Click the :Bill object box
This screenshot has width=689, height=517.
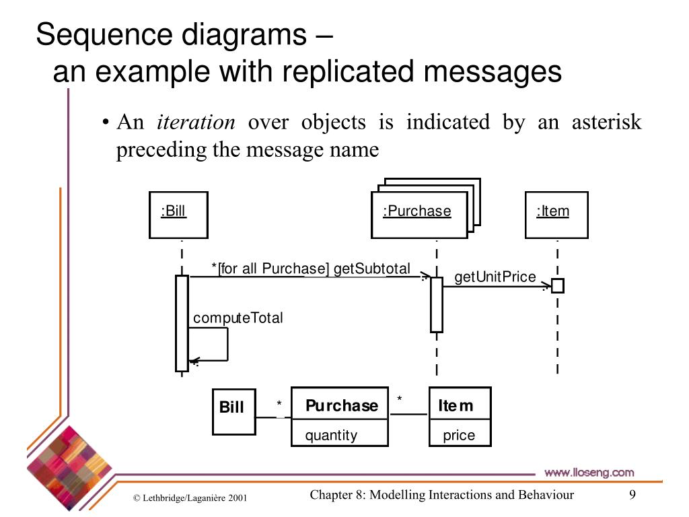tap(178, 215)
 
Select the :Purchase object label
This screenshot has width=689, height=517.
tap(417, 211)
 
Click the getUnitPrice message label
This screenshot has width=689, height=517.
tap(495, 277)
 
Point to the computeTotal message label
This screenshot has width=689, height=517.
tap(238, 318)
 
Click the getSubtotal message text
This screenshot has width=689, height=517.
tap(372, 269)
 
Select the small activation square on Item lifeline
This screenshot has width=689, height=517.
tap(558, 286)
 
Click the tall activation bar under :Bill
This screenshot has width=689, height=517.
tap(182, 323)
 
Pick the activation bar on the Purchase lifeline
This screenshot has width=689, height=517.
tap(437, 304)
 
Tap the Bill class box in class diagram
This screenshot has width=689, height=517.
tap(233, 411)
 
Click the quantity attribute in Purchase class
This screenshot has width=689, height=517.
tap(331, 435)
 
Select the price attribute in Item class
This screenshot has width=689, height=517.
tap(459, 435)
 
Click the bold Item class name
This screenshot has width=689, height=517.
tap(456, 405)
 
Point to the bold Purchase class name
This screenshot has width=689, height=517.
tap(341, 405)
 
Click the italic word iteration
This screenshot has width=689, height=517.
tap(196, 123)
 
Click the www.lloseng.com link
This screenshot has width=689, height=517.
tap(589, 472)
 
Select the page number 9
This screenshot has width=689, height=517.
tap(632, 495)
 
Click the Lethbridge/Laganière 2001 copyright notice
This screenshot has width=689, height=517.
tap(190, 498)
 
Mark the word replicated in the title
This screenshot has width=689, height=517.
tap(357, 72)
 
